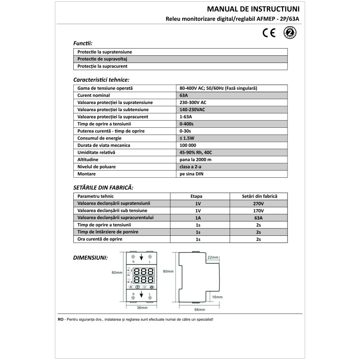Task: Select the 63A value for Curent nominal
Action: tap(184, 95)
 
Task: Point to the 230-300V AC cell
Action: tap(193, 103)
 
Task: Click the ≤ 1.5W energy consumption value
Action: tap(188, 138)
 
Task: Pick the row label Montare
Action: tap(86, 174)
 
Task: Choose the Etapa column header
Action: tap(198, 197)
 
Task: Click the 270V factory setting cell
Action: tap(258, 203)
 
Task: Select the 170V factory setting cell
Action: tap(258, 211)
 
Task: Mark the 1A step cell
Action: tap(198, 218)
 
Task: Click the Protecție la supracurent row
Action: tap(103, 66)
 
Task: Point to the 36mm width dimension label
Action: tap(142, 307)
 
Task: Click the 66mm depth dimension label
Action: tap(199, 310)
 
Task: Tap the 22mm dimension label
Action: tap(213, 257)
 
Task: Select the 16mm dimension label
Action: tap(217, 297)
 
